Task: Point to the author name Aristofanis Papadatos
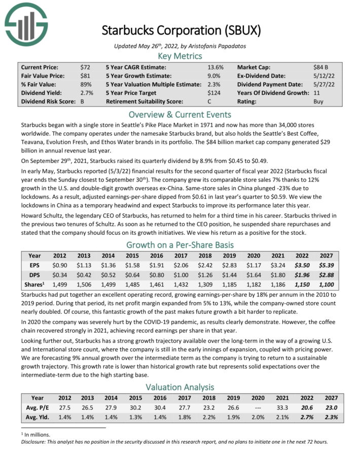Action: pyautogui.click(x=219, y=46)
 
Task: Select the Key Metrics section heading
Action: pyautogui.click(x=180, y=56)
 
